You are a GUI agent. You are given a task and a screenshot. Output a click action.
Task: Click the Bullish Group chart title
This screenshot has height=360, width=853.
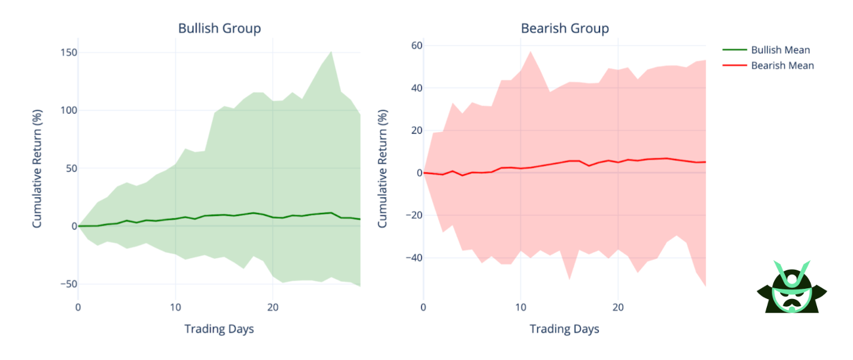click(x=219, y=28)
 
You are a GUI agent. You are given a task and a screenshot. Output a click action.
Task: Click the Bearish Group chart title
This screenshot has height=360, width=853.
click(x=565, y=28)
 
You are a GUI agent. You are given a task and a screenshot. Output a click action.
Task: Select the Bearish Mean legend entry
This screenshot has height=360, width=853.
click(x=782, y=66)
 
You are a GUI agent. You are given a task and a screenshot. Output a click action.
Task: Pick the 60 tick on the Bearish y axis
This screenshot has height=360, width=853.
click(x=415, y=46)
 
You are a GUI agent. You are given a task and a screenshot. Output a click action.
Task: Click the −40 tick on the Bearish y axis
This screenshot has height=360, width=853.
click(x=412, y=258)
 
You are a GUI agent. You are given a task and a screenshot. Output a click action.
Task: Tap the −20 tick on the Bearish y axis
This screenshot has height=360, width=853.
click(x=412, y=215)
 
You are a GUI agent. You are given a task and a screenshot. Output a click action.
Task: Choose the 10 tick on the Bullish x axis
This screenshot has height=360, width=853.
click(x=175, y=307)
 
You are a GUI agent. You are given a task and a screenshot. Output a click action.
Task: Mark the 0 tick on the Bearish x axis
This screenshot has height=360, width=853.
click(x=424, y=307)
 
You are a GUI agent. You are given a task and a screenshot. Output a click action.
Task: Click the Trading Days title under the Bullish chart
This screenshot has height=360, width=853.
click(x=219, y=329)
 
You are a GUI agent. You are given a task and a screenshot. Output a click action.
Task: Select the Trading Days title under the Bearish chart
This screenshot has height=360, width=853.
click(x=564, y=329)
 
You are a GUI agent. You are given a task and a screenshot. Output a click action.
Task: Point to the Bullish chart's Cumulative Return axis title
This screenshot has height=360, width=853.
click(x=37, y=169)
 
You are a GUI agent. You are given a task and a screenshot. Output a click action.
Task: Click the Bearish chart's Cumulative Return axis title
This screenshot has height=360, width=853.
click(x=383, y=169)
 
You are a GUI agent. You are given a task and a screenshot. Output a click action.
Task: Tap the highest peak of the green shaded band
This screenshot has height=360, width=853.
click(x=331, y=51)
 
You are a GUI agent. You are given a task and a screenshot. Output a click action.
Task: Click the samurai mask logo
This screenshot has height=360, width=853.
click(x=791, y=287)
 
